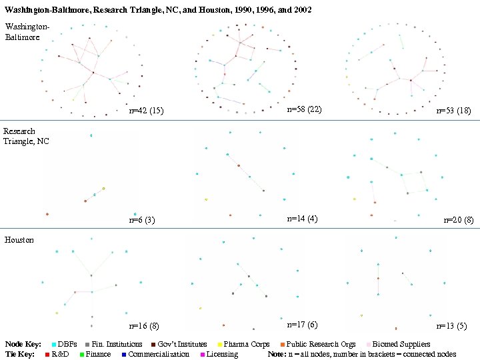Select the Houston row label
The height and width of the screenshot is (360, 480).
(19, 239)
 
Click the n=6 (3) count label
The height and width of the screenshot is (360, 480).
(141, 221)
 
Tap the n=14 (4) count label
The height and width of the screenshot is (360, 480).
(302, 218)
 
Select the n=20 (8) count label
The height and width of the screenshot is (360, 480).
(458, 219)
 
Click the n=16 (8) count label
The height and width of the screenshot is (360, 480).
(144, 326)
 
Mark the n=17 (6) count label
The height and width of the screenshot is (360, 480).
(302, 324)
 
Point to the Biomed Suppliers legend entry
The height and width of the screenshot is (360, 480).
(401, 345)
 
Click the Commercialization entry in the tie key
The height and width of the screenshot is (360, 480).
(159, 354)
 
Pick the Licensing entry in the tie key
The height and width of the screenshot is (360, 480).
(222, 354)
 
